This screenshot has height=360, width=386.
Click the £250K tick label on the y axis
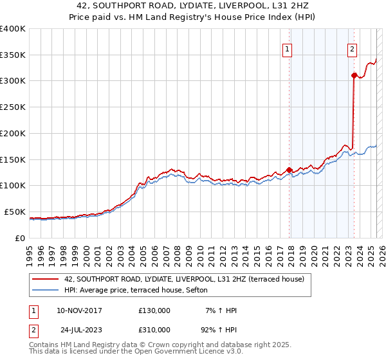tap(13, 107)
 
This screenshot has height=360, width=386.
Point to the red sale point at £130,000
tap(289, 170)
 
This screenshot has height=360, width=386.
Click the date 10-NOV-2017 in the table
tap(80, 310)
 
